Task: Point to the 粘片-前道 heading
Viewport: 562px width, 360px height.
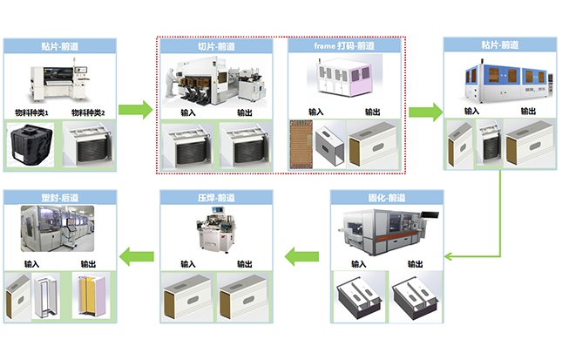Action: (499, 44)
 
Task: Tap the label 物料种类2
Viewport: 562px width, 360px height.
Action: (87, 112)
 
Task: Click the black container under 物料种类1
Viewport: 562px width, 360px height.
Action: (31, 144)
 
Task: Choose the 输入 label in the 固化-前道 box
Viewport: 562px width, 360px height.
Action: (358, 263)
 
